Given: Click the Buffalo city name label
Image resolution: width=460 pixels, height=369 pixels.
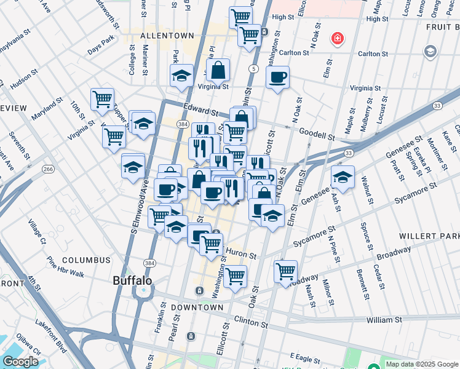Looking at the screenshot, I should tap(132, 280).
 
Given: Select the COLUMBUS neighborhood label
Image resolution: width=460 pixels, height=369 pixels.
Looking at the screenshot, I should tap(85, 260).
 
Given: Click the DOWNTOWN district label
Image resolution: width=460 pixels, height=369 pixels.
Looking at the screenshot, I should tap(197, 307).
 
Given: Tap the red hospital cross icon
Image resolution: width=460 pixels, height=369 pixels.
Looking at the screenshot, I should tap(337, 39).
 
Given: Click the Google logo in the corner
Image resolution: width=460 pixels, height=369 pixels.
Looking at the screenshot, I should tap(20, 362).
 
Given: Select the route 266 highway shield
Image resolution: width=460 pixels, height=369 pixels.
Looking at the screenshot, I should tap(47, 169).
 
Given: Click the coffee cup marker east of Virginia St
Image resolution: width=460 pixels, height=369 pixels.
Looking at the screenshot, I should tap(277, 77).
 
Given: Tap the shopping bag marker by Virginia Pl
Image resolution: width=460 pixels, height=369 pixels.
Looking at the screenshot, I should tap(218, 71).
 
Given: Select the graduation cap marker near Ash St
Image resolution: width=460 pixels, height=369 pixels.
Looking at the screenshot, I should tap(343, 177).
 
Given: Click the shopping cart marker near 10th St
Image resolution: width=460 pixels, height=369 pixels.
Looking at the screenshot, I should tap(102, 99).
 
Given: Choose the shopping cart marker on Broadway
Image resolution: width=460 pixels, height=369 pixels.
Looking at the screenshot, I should tap(285, 271).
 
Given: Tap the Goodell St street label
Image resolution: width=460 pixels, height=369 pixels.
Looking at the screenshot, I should tap(317, 133).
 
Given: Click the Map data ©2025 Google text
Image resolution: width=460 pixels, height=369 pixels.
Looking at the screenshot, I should tap(421, 363).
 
